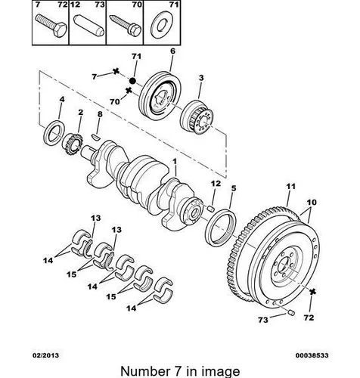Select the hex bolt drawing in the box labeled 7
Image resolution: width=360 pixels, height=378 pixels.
[51, 26]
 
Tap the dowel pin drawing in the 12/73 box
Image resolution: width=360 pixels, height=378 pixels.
[88, 26]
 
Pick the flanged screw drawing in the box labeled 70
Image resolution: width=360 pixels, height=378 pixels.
[126, 26]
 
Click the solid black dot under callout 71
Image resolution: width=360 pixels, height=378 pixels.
[132, 81]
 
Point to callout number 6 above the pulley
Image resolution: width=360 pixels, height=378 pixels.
[172, 51]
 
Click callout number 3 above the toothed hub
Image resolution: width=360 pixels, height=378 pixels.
[201, 78]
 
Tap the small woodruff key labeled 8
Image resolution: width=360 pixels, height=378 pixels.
[96, 137]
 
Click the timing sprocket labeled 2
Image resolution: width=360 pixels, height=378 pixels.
[73, 144]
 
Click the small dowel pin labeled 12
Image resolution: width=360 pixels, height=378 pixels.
[211, 208]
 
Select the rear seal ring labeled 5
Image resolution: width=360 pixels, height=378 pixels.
[221, 228]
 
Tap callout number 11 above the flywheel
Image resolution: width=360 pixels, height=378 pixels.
[290, 187]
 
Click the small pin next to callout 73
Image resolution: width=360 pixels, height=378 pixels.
[291, 313]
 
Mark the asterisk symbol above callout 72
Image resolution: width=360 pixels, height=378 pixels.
[312, 292]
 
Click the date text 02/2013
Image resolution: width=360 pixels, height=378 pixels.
[45, 355]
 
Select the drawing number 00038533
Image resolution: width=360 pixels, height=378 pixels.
[312, 355]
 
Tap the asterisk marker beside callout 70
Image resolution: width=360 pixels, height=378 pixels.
[129, 90]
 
